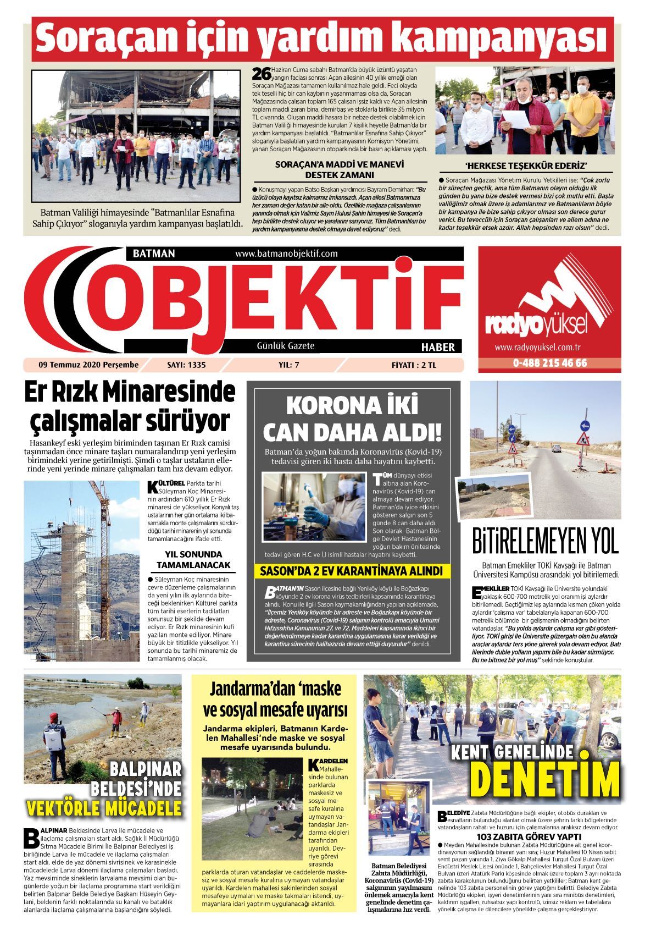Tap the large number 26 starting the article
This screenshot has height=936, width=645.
259,73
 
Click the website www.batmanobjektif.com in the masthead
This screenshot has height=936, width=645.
286,254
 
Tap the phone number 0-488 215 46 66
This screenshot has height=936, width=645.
549,364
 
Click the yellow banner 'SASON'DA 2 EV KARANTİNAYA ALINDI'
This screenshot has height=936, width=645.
351,570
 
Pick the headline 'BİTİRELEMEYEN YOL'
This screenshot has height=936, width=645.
546,541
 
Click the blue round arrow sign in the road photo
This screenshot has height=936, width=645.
584,425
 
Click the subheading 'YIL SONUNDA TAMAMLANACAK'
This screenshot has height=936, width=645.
193,559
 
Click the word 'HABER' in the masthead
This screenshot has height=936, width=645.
437,347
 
